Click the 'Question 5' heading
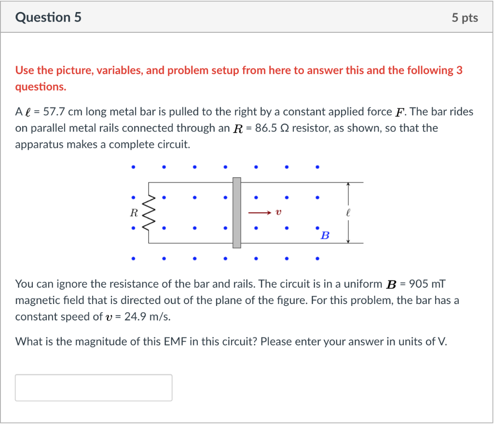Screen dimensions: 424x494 48,18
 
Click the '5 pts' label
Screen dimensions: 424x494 465,18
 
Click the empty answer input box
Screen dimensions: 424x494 94,387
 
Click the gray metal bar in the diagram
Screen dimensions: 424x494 236,212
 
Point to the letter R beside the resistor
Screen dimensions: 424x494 134,212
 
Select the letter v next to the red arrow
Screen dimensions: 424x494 279,212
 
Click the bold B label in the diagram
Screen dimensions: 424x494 325,236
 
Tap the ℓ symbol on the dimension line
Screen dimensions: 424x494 348,212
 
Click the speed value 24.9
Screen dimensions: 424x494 135,317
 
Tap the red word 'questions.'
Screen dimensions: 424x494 41,87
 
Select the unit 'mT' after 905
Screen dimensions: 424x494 440,284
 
